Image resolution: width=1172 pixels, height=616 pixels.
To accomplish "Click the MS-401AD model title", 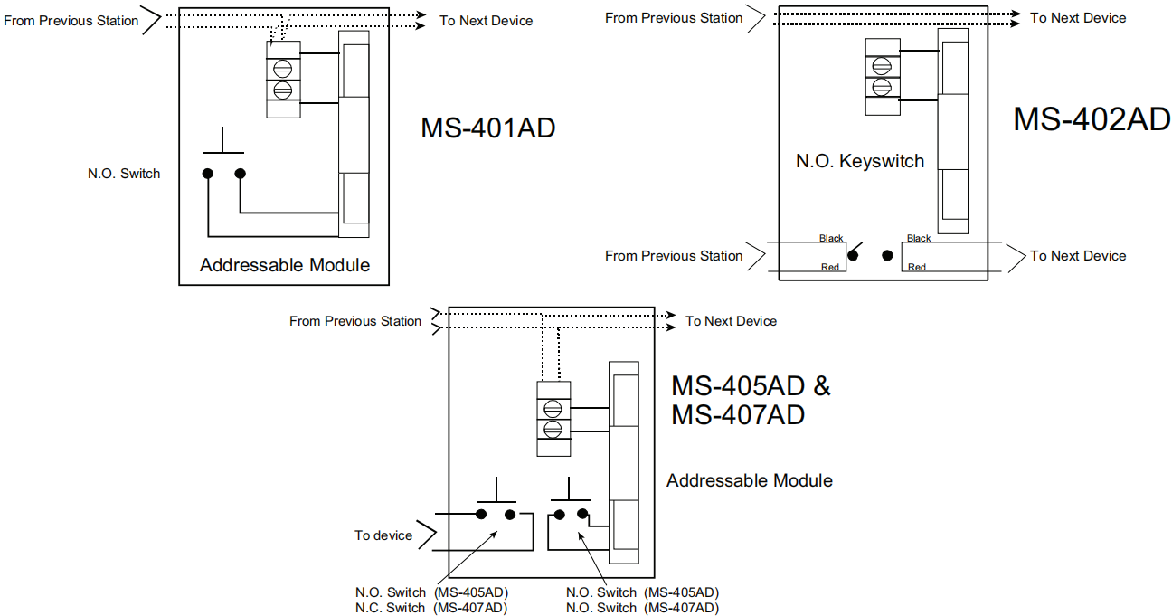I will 487,128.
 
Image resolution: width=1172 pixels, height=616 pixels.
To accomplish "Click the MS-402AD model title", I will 1092,119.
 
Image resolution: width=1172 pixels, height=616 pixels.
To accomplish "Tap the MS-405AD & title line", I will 750,386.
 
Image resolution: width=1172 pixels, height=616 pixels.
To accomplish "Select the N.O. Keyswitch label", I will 859,162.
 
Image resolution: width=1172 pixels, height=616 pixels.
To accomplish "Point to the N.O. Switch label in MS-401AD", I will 124,174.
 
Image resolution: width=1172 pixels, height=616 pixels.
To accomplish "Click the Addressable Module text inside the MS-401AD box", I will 285,265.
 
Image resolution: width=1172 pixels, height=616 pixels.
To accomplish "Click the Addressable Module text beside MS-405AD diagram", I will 749,480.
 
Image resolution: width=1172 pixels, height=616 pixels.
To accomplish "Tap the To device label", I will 383,535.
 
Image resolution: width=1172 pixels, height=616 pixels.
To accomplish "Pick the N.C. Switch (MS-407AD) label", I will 431,608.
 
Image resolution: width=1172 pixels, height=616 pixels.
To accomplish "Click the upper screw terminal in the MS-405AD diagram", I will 553,406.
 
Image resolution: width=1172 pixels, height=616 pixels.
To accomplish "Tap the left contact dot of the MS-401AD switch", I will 207,173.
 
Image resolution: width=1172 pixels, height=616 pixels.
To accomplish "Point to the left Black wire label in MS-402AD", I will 830,239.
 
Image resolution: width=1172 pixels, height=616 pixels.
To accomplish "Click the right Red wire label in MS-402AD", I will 917,267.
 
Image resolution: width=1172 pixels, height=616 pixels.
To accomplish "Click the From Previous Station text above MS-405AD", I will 355,321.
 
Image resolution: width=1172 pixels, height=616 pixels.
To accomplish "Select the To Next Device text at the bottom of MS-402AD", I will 1078,256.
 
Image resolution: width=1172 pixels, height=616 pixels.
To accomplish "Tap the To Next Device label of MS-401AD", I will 487,21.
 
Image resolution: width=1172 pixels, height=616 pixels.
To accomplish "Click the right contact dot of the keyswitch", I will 887,256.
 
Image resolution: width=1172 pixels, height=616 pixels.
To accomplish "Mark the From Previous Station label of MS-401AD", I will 71,21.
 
